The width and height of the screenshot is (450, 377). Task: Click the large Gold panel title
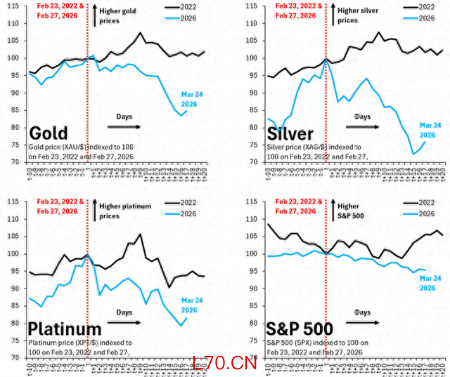tap(49, 134)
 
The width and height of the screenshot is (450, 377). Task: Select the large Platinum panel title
tap(65, 329)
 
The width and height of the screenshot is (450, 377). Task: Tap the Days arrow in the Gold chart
tap(124, 126)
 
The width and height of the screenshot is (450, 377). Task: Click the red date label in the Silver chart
tap(297, 11)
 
